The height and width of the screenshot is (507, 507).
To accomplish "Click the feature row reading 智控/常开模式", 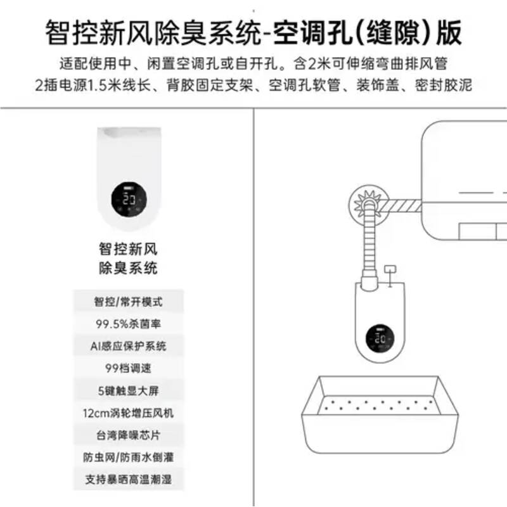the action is [129, 302].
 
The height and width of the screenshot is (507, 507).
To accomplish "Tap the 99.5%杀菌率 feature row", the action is [129, 324].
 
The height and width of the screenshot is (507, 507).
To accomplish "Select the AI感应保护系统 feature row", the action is [129, 346].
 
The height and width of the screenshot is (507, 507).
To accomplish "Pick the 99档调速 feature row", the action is [129, 368].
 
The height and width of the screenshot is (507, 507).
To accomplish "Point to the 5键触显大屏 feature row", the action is [129, 390].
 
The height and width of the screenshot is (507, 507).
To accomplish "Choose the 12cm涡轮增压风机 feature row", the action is [129, 413].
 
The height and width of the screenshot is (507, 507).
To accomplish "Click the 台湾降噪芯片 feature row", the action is [129, 435].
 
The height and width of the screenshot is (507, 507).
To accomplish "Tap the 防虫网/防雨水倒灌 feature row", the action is [129, 457].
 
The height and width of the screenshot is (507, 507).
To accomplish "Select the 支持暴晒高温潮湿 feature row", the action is [129, 479].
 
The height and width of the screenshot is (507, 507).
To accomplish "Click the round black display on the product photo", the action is [129, 200].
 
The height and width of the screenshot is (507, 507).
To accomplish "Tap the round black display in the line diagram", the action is [380, 338].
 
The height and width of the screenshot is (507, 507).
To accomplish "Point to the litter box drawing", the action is [380, 414].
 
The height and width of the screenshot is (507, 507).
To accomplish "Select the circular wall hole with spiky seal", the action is [369, 205].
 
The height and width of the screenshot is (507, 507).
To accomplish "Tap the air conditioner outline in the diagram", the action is [465, 181].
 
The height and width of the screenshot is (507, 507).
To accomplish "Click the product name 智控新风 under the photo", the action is [129, 249].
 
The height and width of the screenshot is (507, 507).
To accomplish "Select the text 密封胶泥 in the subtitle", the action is [444, 85].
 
